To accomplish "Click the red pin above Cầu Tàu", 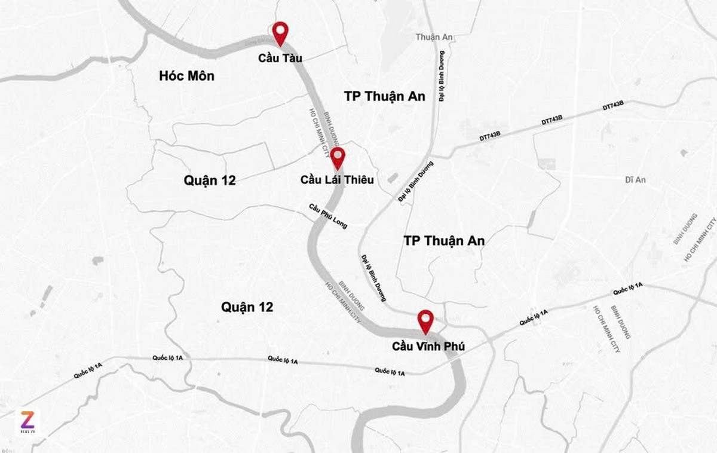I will [280, 32].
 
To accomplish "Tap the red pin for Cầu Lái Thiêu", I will [338, 158].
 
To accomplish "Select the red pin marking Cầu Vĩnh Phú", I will [425, 320].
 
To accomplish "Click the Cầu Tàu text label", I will [280, 58].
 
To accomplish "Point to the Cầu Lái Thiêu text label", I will [337, 179].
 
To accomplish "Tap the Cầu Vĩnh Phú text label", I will [428, 346].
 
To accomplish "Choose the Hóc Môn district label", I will [186, 76].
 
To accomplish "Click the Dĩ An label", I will [636, 179].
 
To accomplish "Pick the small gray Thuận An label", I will [434, 37].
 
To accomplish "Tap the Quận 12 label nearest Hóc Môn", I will [210, 180].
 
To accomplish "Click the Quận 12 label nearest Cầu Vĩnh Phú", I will [247, 307].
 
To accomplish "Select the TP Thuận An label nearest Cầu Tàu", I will [385, 96].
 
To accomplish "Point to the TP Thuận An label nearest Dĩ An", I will [444, 241].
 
